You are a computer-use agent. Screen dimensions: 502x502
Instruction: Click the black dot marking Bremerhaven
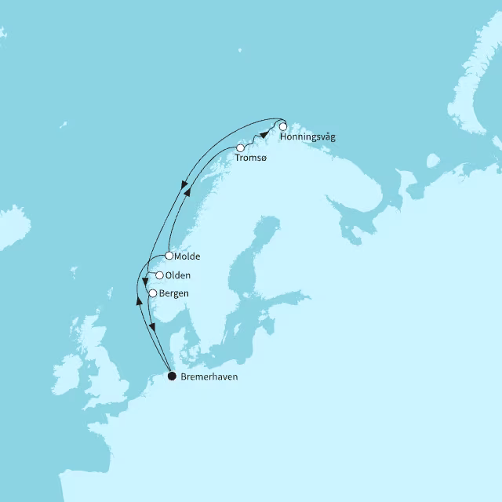click(x=173, y=376)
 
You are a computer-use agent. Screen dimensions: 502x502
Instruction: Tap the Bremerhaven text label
click(x=209, y=377)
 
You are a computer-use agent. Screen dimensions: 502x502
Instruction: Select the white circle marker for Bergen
click(x=152, y=293)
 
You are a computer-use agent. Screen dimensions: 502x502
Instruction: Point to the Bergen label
click(x=173, y=294)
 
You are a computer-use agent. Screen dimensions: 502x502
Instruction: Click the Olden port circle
click(x=160, y=275)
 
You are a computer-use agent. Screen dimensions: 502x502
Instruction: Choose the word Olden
click(x=179, y=276)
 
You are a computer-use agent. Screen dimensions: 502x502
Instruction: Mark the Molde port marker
click(x=169, y=256)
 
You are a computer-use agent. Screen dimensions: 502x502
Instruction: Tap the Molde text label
click(x=188, y=256)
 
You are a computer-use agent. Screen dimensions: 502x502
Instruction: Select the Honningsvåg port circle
click(x=282, y=126)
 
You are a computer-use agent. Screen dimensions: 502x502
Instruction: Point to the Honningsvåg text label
click(x=307, y=137)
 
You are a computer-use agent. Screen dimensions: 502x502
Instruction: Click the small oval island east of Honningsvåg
click(x=432, y=161)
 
